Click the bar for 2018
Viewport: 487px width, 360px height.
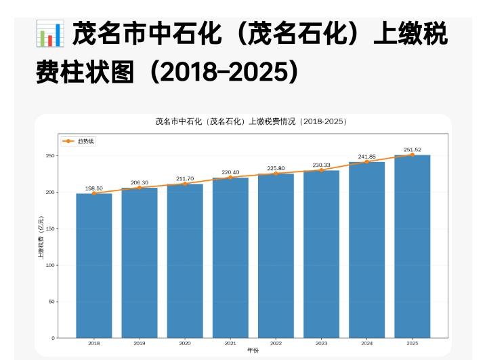(94, 265)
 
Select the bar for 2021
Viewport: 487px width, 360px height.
(230, 258)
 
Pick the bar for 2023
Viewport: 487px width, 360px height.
(321, 254)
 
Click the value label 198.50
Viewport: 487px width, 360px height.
(94, 188)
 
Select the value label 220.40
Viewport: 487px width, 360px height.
(230, 172)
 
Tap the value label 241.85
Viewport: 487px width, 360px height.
(366, 157)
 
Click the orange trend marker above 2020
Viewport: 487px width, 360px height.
(185, 184)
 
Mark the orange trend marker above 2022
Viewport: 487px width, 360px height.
(276, 174)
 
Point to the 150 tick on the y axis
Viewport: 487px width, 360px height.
(49, 229)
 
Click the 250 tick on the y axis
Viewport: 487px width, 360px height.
(49, 156)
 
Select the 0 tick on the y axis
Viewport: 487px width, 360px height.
(53, 338)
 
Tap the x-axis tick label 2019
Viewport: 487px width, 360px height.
(140, 344)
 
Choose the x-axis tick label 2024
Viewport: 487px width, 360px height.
(366, 344)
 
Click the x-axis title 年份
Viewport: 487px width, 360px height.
(253, 351)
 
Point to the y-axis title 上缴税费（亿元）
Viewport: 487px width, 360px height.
(41, 239)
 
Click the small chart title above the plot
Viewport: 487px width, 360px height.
(251, 122)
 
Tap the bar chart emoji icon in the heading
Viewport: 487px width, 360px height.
(49, 34)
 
